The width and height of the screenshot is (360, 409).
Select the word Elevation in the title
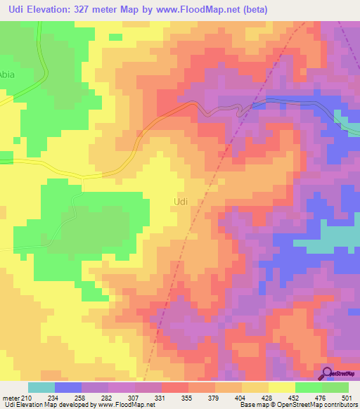pos(59,10)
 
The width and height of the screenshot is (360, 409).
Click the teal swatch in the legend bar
pos(41,387)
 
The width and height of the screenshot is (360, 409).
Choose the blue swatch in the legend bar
pos(68,387)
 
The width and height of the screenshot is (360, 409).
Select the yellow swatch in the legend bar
pos(282,387)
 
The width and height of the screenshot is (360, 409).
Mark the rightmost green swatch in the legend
pos(335,387)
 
